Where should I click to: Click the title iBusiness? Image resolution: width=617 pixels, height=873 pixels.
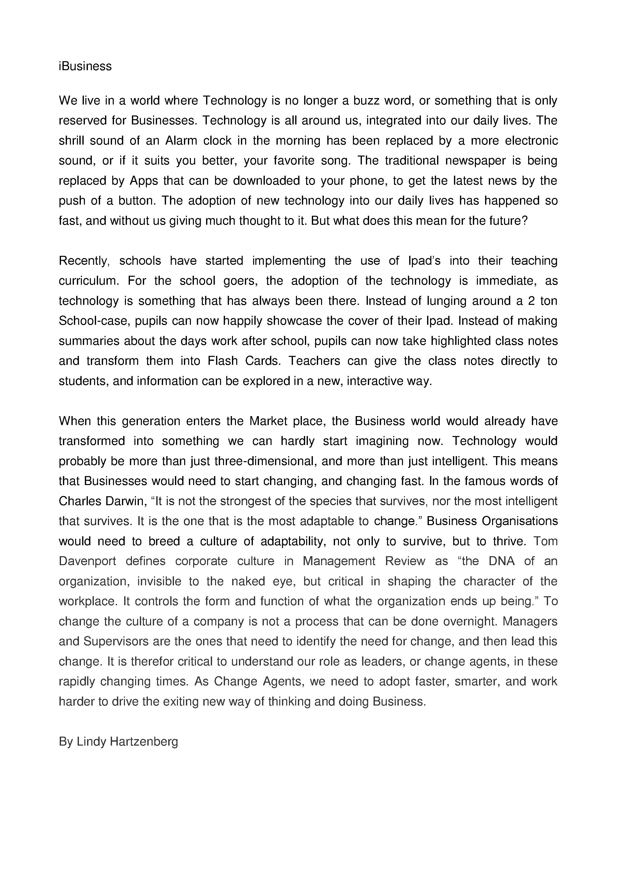point(85,66)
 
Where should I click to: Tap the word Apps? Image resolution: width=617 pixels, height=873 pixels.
point(144,181)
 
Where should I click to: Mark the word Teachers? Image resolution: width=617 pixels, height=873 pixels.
point(314,361)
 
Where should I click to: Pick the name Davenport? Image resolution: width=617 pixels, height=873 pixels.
point(87,561)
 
